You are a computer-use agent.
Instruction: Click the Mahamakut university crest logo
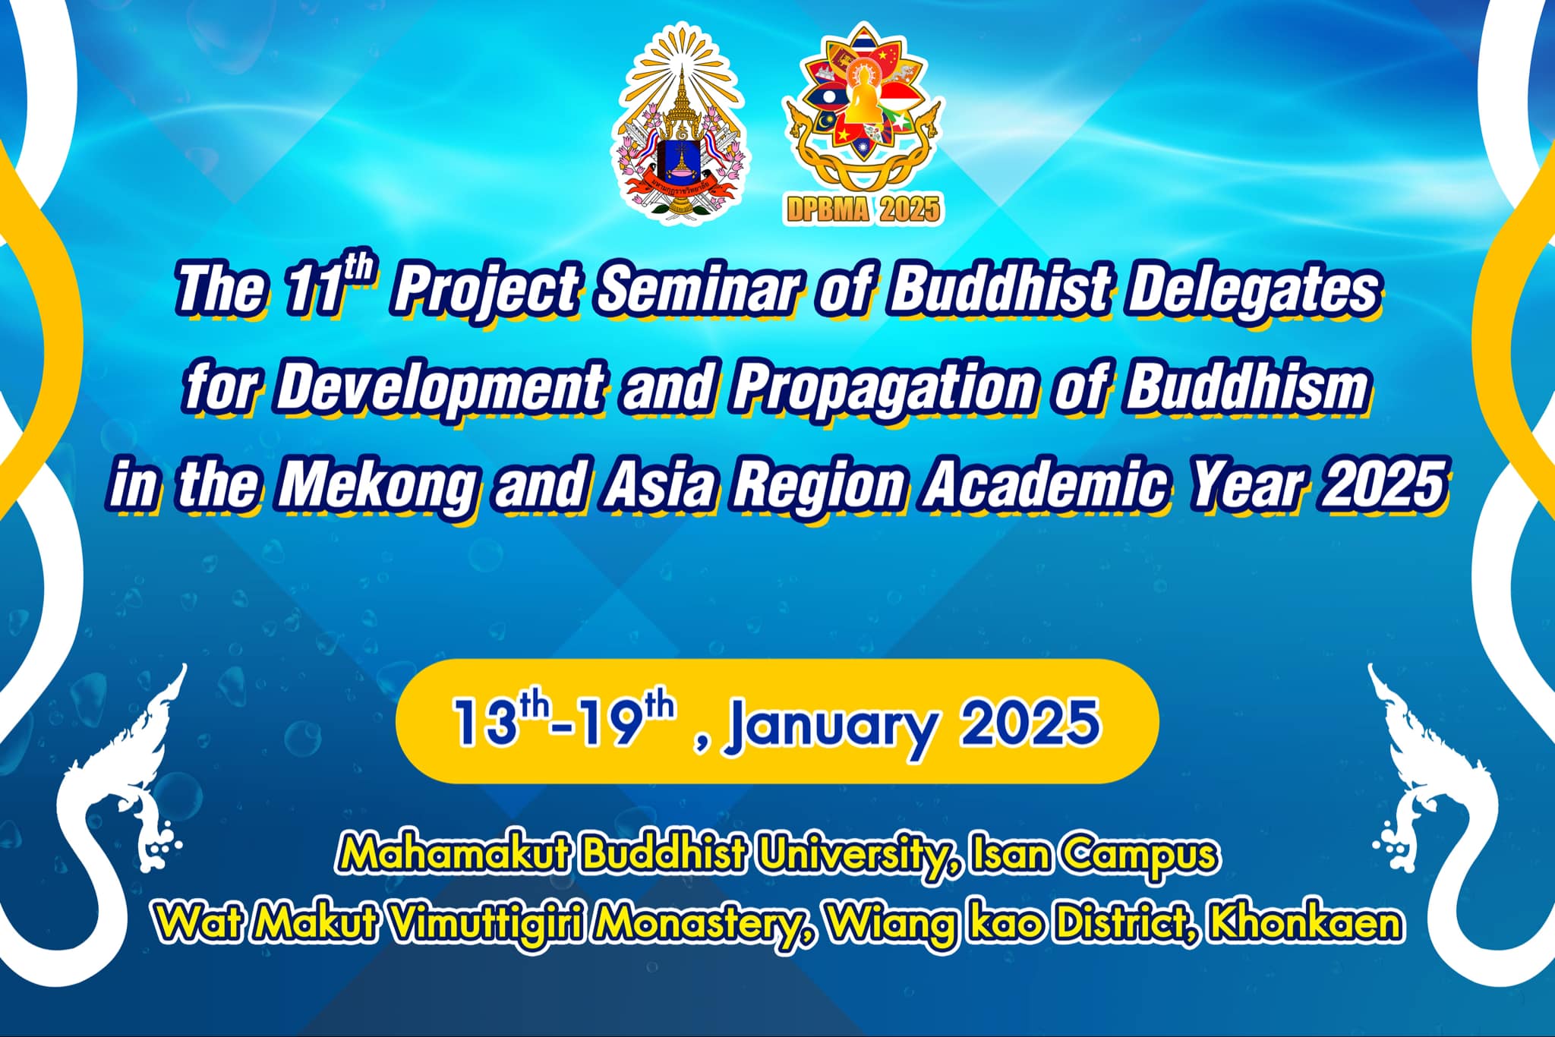680,124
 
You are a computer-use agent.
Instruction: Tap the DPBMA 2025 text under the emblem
862,209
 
